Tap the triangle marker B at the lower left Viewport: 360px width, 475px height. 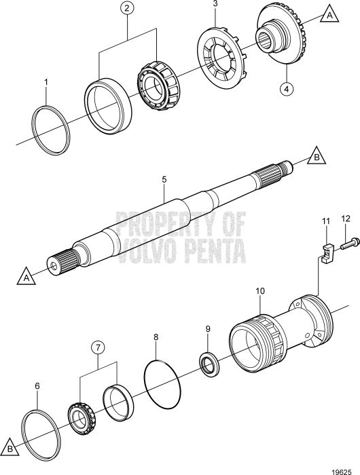coord(10,449)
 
